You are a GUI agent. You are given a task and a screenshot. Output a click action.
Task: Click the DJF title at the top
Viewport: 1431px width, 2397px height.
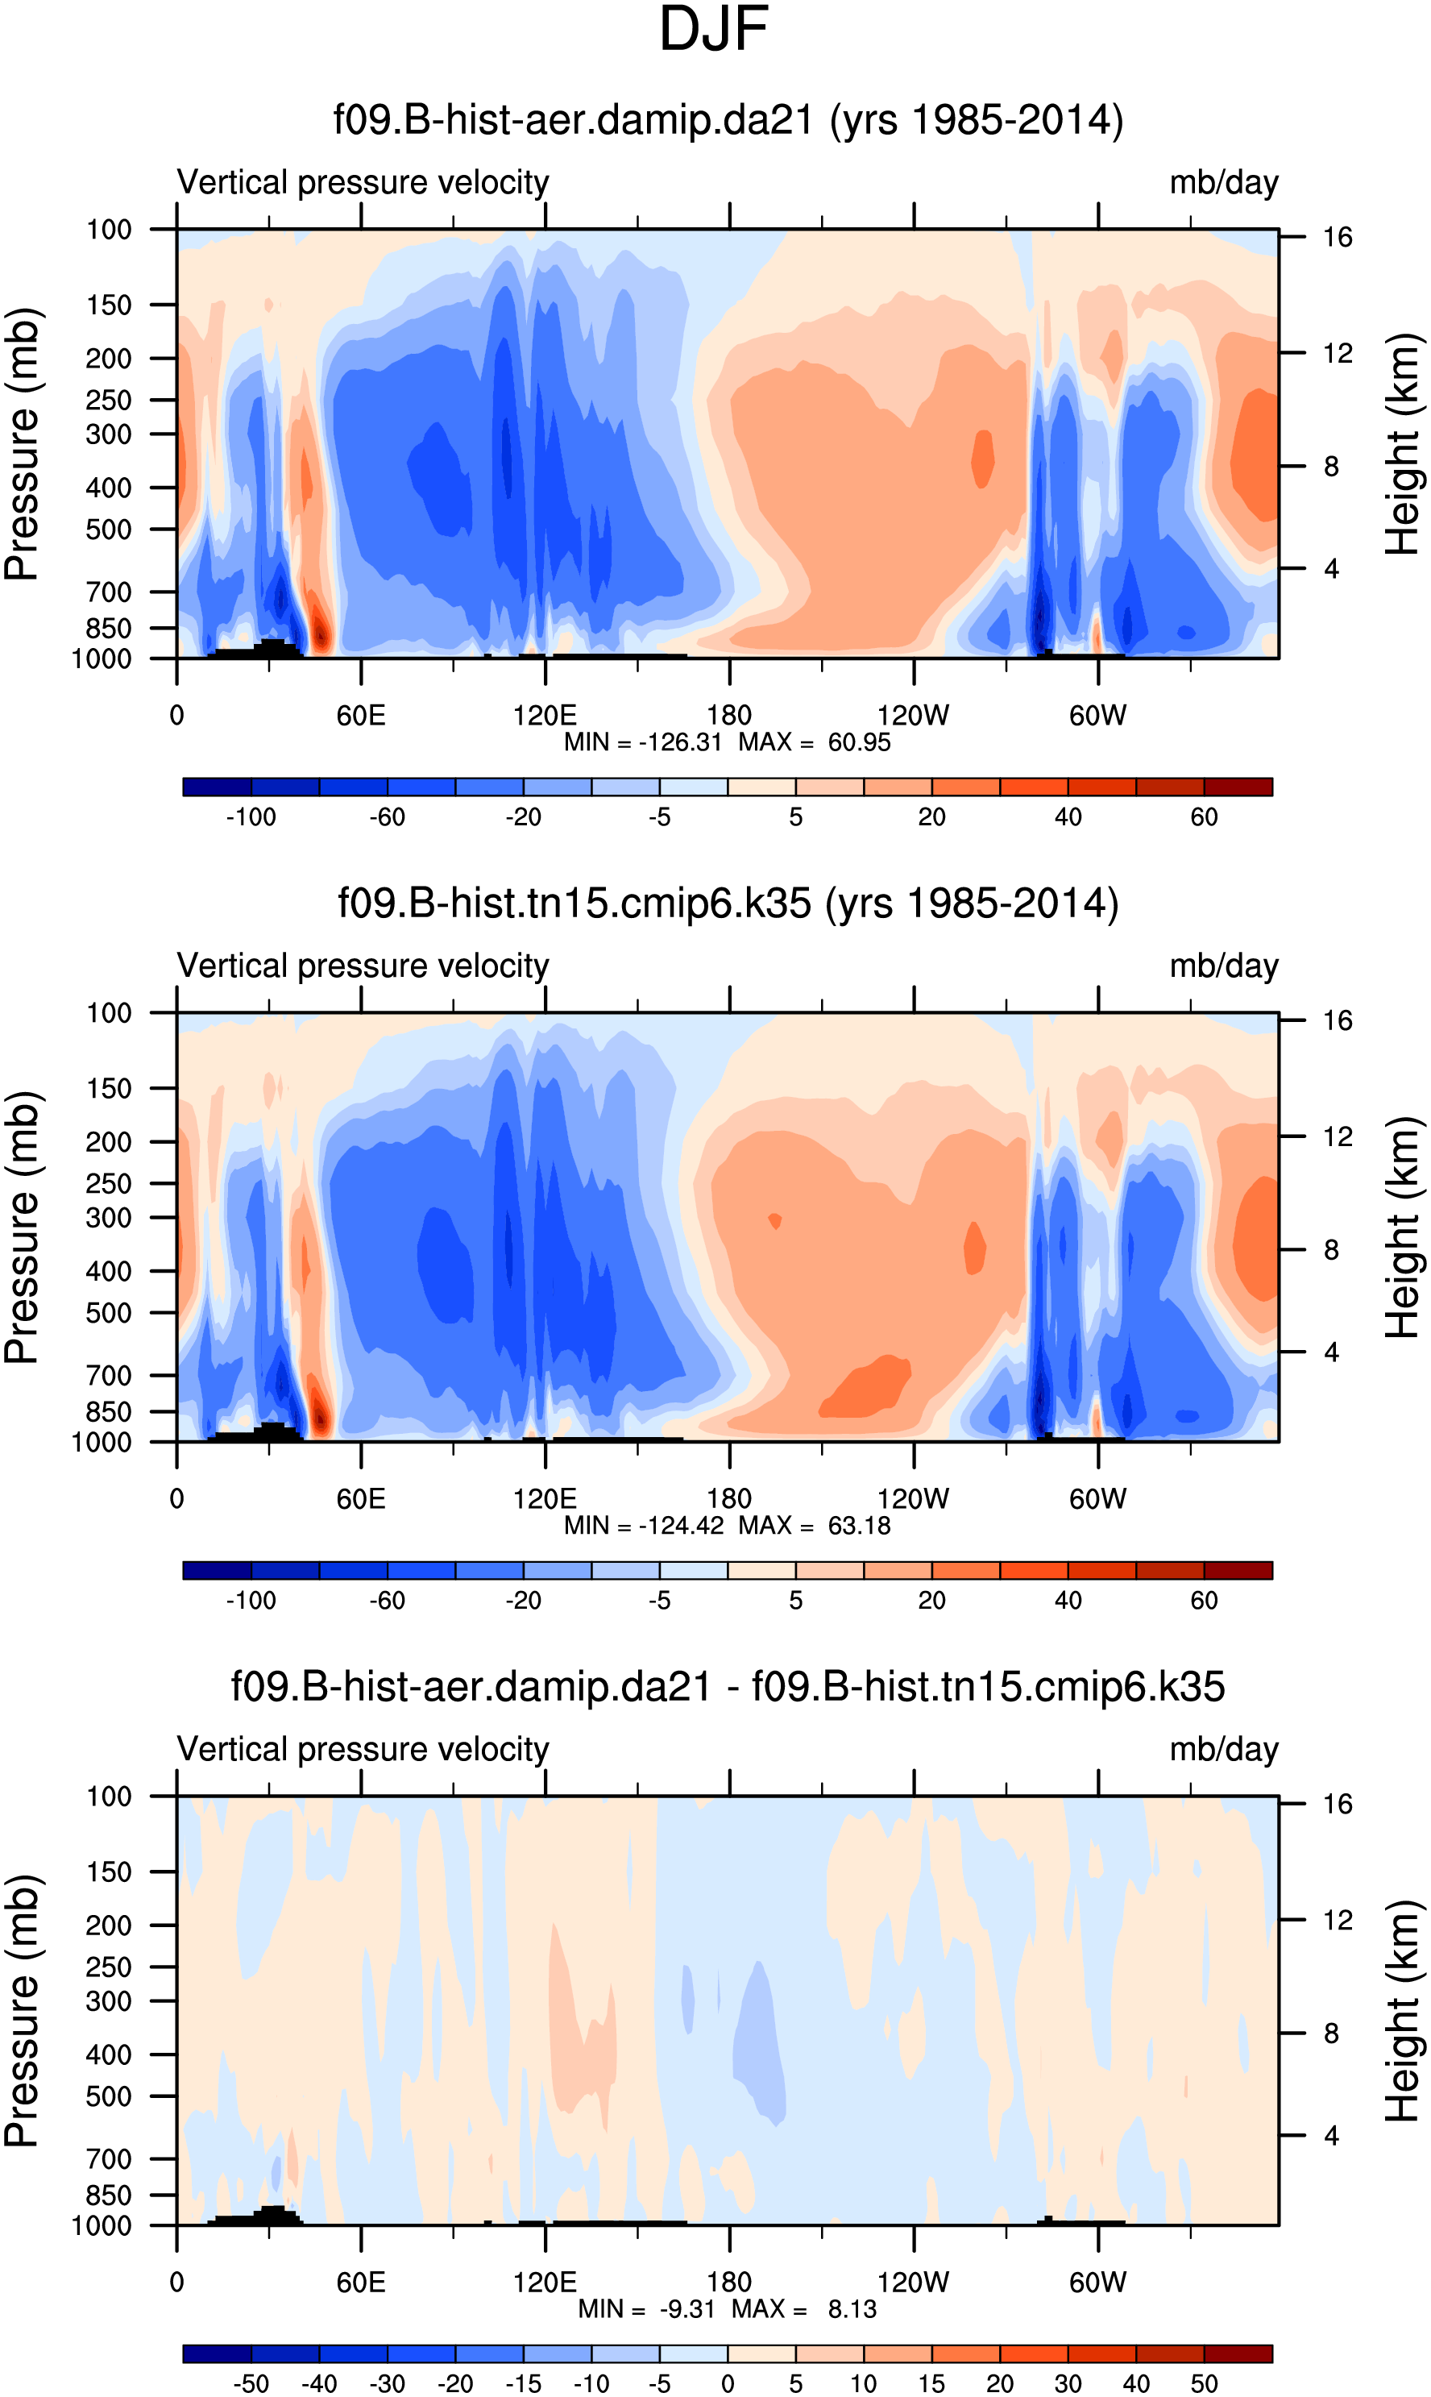coord(714,30)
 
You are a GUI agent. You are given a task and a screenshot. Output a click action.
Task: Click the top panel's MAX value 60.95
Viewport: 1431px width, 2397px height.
coord(858,743)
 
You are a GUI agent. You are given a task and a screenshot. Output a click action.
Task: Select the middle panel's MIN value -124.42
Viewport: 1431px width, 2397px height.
coord(681,1526)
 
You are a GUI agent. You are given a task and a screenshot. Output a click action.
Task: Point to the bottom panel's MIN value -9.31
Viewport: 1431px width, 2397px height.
coord(686,2309)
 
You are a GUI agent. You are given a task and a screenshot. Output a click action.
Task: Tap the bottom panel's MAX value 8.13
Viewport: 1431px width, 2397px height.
coord(852,2309)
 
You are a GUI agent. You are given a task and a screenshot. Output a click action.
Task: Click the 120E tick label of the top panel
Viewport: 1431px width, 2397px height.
coord(545,716)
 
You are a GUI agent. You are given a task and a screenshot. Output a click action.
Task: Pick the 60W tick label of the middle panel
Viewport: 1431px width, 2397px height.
coord(1097,1499)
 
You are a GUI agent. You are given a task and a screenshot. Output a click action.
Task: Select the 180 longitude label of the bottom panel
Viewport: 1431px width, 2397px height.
coord(729,2283)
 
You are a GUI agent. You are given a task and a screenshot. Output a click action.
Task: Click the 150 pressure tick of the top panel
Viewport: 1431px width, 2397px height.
coord(109,305)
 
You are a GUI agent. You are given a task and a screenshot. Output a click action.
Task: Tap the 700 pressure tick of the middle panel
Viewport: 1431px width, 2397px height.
coord(109,1376)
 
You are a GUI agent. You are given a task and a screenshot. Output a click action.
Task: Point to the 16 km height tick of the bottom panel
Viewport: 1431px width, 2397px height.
coord(1338,1804)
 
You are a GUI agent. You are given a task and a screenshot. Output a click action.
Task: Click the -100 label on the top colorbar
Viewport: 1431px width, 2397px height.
coord(251,817)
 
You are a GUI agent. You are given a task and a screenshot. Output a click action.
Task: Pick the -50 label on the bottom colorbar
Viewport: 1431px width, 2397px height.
coord(251,2383)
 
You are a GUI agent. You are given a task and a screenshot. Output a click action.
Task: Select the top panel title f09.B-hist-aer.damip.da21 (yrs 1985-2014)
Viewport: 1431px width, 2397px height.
coord(728,121)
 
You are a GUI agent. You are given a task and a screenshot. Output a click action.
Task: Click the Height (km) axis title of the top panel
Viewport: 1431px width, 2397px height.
coord(1403,444)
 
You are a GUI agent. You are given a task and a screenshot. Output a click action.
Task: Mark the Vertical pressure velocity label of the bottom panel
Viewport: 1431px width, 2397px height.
coord(363,1749)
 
